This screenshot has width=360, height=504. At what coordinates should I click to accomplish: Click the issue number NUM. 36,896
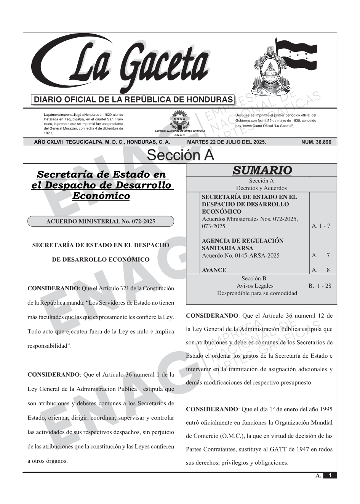pyautogui.click(x=316, y=142)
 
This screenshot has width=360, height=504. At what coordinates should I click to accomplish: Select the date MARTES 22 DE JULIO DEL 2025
pyautogui.click(x=226, y=142)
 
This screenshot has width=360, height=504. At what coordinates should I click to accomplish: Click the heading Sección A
pyautogui.click(x=180, y=155)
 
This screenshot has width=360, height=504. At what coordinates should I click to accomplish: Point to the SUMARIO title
pyautogui.click(x=262, y=170)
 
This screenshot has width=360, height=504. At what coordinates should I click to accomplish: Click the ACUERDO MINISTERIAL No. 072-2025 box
pyautogui.click(x=101, y=221)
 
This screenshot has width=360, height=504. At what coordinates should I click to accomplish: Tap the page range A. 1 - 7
pyautogui.click(x=321, y=226)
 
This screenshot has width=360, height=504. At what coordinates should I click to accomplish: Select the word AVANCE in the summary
pyautogui.click(x=214, y=270)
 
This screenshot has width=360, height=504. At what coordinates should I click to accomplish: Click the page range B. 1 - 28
pyautogui.click(x=320, y=286)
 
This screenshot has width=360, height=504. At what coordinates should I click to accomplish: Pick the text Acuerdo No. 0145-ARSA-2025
pyautogui.click(x=240, y=255)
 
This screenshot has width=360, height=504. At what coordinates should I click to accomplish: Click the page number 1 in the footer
pyautogui.click(x=330, y=475)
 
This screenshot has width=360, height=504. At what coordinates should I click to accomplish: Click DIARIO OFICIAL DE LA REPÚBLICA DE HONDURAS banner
pyautogui.click(x=133, y=100)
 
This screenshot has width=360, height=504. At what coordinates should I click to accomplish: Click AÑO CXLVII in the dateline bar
pyautogui.click(x=49, y=142)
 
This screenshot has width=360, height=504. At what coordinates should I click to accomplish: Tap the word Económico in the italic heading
pyautogui.click(x=101, y=196)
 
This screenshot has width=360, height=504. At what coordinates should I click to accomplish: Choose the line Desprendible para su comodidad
pyautogui.click(x=257, y=293)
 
